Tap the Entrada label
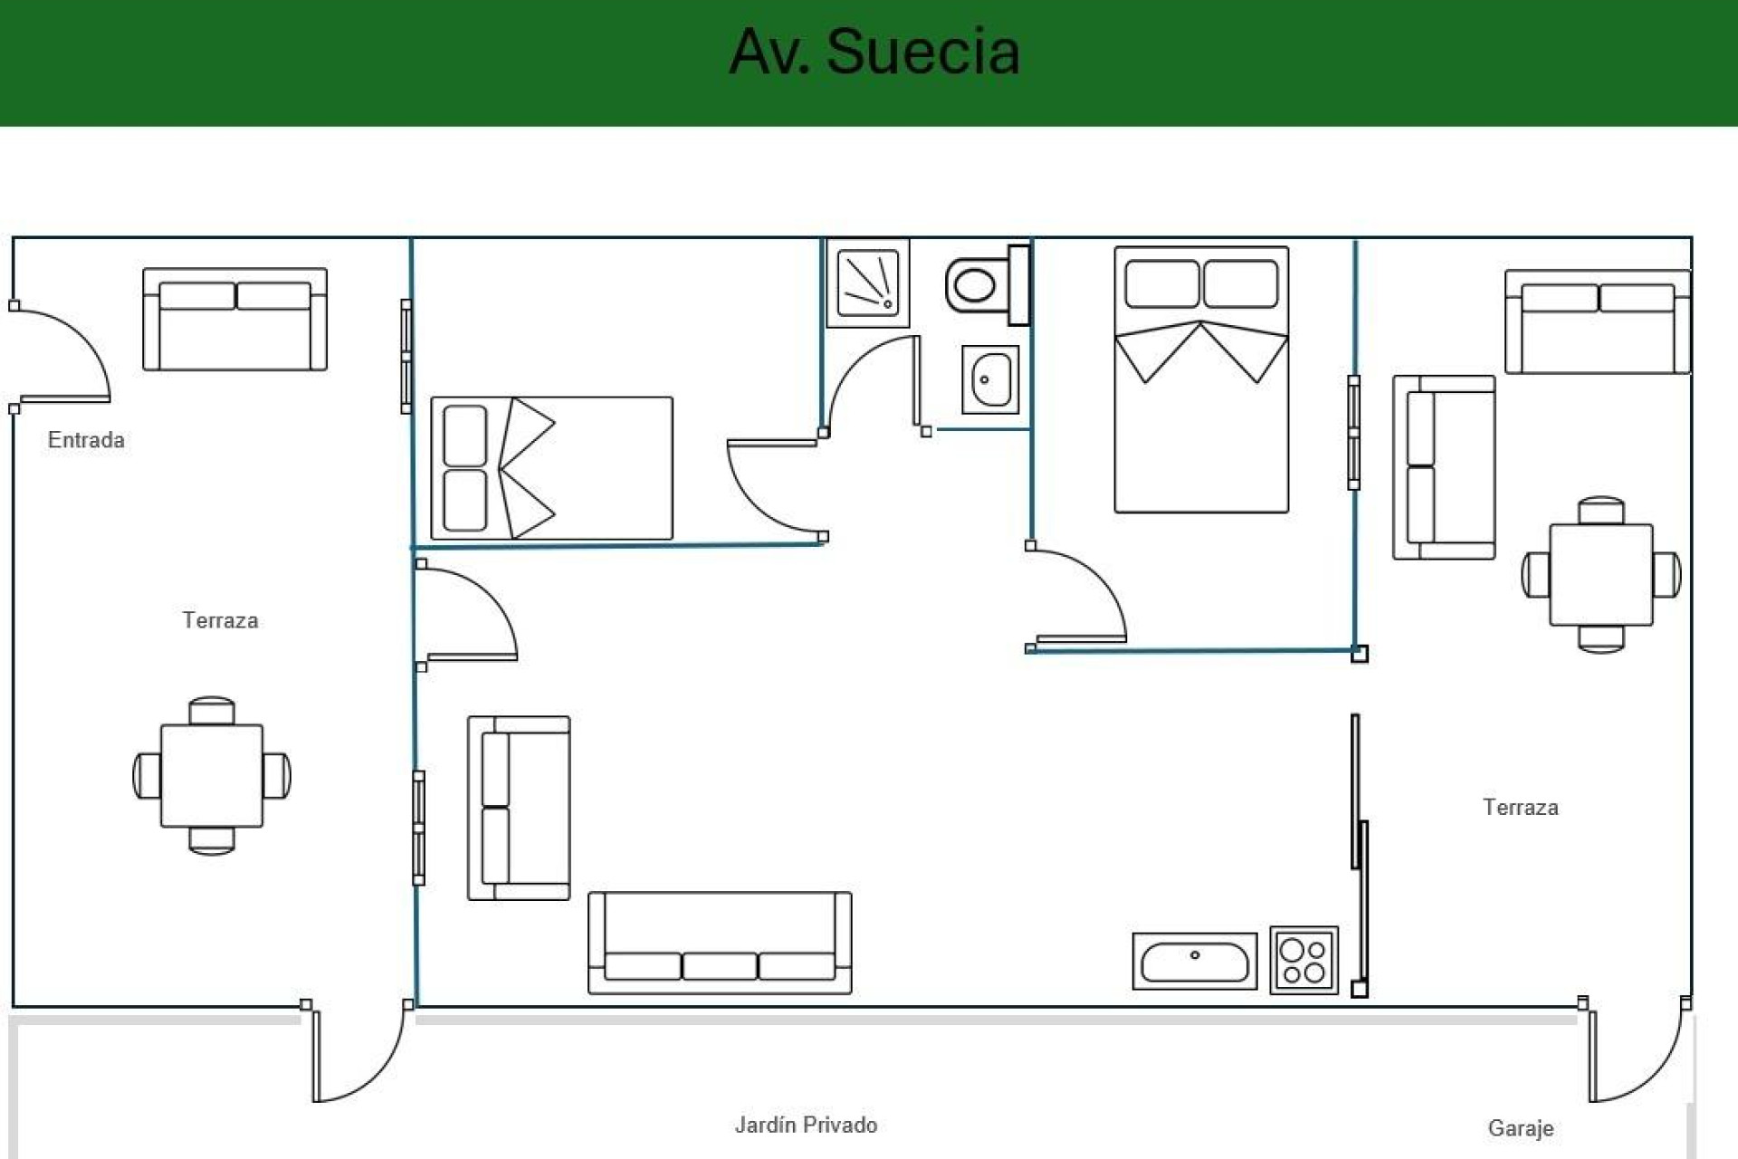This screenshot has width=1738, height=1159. click(x=86, y=440)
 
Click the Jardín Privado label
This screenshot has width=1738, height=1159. click(x=806, y=1125)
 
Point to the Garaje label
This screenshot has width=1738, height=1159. click(x=1520, y=1128)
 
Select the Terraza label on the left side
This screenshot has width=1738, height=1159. click(x=220, y=620)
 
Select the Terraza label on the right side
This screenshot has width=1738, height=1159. click(x=1520, y=807)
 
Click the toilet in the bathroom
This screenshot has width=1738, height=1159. click(x=982, y=285)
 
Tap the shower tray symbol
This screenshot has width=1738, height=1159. click(x=868, y=283)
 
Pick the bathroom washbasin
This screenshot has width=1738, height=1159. click(x=990, y=379)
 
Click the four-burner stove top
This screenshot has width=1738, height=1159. click(x=1303, y=961)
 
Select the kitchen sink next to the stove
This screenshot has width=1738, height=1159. click(x=1194, y=962)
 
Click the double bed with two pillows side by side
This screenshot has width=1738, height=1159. click(x=1201, y=379)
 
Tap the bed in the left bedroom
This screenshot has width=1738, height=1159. click(x=551, y=468)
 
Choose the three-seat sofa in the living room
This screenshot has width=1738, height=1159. click(x=720, y=943)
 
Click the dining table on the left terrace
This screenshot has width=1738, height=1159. click(x=212, y=775)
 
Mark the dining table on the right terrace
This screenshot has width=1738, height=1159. click(x=1600, y=574)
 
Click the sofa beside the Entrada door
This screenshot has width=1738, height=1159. click(x=234, y=319)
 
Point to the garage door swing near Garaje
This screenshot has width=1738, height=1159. click(x=1634, y=1055)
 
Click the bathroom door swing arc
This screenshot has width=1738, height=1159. click(x=869, y=380)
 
